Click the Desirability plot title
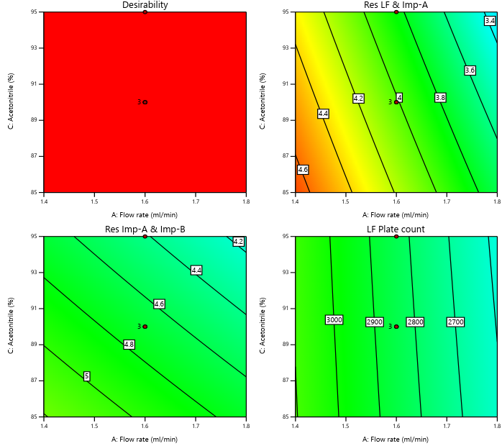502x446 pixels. click(x=145, y=5)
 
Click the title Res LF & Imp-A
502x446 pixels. click(x=396, y=5)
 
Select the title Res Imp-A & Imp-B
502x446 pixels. click(x=145, y=229)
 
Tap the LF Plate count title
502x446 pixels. click(x=396, y=229)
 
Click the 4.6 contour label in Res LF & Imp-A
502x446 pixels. click(x=303, y=170)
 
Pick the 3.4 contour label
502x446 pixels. click(x=490, y=21)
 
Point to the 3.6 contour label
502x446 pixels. click(x=470, y=70)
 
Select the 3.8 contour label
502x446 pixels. click(x=440, y=97)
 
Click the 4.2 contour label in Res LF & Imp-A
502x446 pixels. click(x=358, y=98)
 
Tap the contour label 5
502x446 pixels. click(x=86, y=376)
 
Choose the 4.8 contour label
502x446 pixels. click(x=129, y=345)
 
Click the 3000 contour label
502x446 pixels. click(x=334, y=320)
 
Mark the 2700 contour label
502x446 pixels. click(x=455, y=322)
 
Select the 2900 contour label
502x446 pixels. click(x=374, y=322)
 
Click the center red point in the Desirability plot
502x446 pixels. click(x=145, y=102)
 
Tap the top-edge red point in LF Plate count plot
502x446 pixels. click(x=396, y=237)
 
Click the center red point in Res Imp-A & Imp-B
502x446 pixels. click(x=145, y=327)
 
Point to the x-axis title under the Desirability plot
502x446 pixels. click(x=145, y=214)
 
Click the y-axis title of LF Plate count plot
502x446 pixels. click(x=264, y=326)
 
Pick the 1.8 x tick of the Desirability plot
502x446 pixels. click(x=246, y=199)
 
